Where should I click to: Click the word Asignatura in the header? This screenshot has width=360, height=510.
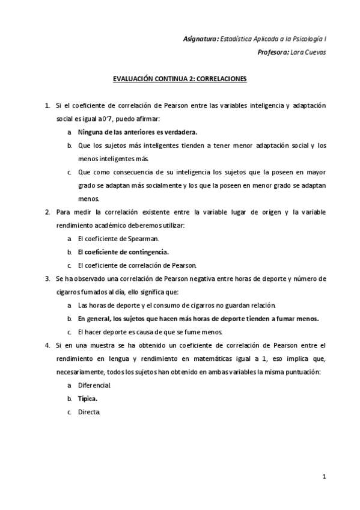(x=200, y=38)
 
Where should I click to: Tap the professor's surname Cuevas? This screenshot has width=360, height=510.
(x=314, y=52)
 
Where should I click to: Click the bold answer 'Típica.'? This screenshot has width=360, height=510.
(x=88, y=399)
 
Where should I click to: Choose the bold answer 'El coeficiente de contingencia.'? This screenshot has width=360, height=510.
(x=123, y=252)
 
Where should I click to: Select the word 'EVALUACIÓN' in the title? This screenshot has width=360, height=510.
(x=134, y=79)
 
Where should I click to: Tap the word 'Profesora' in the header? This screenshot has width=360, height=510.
(x=272, y=52)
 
